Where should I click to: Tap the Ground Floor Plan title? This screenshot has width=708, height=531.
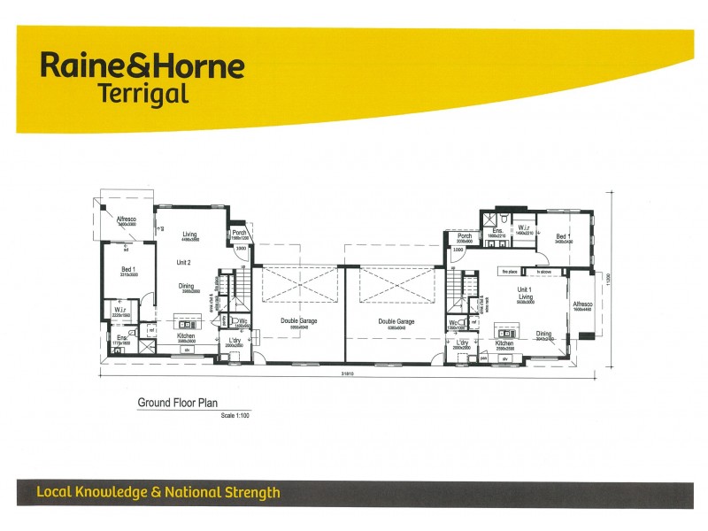(177, 403)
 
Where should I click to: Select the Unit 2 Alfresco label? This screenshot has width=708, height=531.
(126, 219)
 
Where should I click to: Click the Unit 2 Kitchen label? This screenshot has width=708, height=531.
(186, 336)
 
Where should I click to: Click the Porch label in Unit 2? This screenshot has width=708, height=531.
(239, 232)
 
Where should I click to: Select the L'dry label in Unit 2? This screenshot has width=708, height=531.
(235, 341)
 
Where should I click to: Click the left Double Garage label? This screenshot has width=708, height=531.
(299, 321)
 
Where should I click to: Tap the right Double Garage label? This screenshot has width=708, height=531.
(396, 321)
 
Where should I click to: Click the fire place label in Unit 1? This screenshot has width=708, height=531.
(509, 272)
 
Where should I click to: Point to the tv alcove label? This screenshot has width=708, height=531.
(543, 272)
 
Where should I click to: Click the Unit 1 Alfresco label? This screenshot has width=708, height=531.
(581, 304)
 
